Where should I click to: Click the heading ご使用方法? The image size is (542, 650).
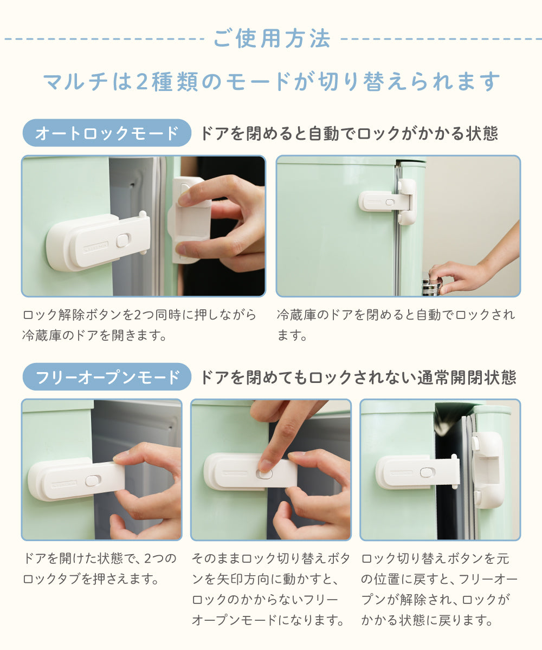(x=272, y=38)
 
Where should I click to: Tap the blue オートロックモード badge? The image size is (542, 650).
(x=107, y=133)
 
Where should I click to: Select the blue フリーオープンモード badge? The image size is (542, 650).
(x=107, y=376)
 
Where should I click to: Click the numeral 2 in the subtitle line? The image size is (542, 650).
(x=141, y=82)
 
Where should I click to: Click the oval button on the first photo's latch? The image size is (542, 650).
(x=123, y=240)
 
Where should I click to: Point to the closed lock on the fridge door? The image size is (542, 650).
(x=387, y=201)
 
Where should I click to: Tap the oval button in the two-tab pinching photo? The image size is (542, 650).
(x=93, y=480)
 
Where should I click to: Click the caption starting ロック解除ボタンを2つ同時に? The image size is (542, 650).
(x=139, y=325)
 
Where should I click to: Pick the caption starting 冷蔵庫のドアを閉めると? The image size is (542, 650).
(x=396, y=325)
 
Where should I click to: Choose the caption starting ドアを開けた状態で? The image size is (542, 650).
(x=100, y=569)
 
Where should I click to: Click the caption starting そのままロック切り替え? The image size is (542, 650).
(x=270, y=589)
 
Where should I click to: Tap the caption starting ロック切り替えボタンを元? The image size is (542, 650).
(x=439, y=589)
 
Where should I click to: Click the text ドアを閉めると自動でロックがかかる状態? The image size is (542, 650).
(x=349, y=133)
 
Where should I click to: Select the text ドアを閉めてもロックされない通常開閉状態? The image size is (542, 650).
(x=358, y=378)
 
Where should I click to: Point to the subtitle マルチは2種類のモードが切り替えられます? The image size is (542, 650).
(x=272, y=82)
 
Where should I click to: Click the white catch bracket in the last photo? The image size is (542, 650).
(x=487, y=470)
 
